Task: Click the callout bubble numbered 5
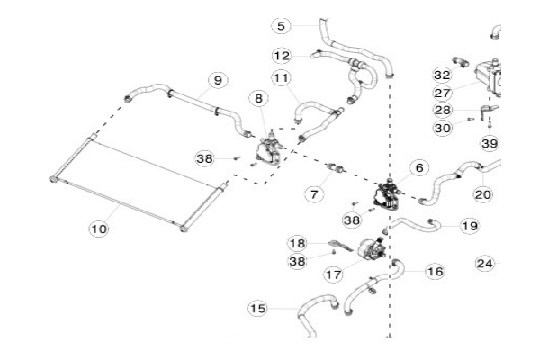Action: (x=281, y=25)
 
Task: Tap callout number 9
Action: (x=216, y=80)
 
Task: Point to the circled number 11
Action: (x=281, y=79)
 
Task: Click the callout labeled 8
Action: (x=259, y=98)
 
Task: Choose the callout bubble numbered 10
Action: (x=98, y=229)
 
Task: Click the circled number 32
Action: (x=442, y=75)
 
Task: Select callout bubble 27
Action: (x=442, y=92)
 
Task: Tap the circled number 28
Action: (x=442, y=110)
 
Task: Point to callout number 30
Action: (x=442, y=128)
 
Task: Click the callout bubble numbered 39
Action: (x=489, y=144)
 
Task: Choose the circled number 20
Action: (x=482, y=193)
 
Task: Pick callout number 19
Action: (x=469, y=226)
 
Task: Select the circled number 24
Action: (x=485, y=264)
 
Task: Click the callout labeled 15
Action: (x=258, y=309)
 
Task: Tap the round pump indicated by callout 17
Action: (x=368, y=249)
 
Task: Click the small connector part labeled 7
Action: (x=341, y=167)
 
